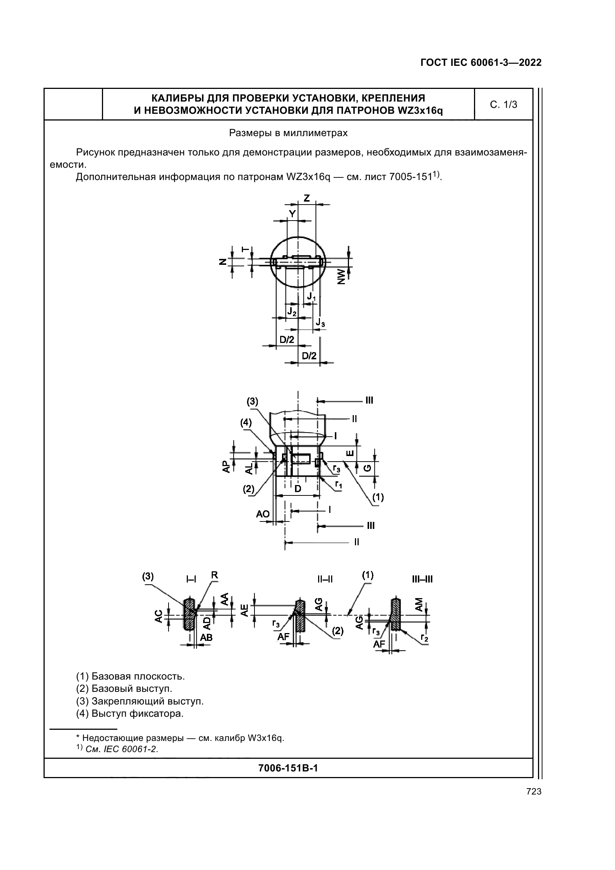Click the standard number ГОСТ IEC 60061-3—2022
tap(481, 62)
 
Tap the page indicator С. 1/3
tap(503, 105)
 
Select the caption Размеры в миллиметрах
tap(288, 133)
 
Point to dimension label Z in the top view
tap(307, 198)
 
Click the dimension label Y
tap(292, 214)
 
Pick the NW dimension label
tap(342, 277)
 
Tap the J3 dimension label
tap(321, 322)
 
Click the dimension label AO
tap(263, 514)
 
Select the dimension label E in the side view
tap(351, 452)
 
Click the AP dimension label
tap(227, 466)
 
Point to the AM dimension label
tap(419, 604)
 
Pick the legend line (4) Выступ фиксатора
tap(129, 714)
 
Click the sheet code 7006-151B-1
tap(288, 768)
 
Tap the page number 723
tap(534, 792)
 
